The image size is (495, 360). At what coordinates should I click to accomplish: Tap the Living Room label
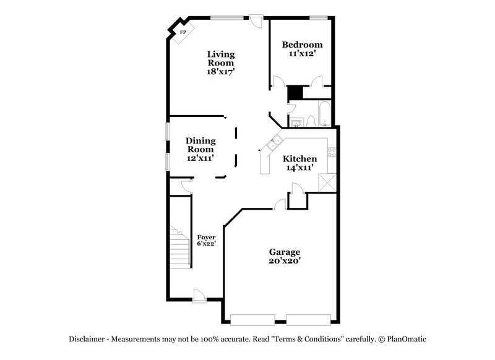pyautogui.click(x=220, y=58)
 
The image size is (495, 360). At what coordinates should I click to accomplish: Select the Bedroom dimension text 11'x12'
pyautogui.click(x=302, y=54)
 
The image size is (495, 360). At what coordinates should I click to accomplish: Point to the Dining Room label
pyautogui.click(x=200, y=145)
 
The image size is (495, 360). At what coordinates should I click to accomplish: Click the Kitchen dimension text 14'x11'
pyautogui.click(x=301, y=168)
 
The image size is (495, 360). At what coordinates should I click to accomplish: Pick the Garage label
pyautogui.click(x=285, y=252)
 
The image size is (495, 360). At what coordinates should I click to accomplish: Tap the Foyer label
pyautogui.click(x=206, y=237)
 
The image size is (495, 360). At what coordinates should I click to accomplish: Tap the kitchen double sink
pyautogui.click(x=272, y=146)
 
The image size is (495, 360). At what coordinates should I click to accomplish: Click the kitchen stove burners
pyautogui.click(x=331, y=152)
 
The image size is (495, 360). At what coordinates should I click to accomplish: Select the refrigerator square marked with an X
pyautogui.click(x=325, y=182)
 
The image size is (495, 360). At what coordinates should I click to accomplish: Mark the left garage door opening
pyautogui.click(x=252, y=319)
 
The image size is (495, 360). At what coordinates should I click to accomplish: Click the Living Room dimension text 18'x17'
pyautogui.click(x=220, y=72)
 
